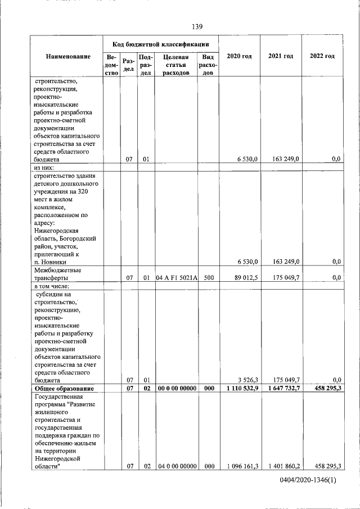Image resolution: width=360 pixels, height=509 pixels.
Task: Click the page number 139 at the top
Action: click(x=197, y=26)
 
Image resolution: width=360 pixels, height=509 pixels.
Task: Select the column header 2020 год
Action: click(x=238, y=56)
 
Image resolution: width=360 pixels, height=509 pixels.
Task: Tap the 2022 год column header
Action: click(x=322, y=56)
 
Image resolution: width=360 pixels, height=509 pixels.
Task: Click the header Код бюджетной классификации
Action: click(x=161, y=43)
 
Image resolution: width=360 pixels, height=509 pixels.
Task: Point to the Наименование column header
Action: click(x=68, y=56)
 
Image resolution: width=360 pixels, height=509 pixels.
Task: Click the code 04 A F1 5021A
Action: click(x=176, y=278)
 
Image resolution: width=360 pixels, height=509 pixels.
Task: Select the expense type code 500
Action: click(x=208, y=278)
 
